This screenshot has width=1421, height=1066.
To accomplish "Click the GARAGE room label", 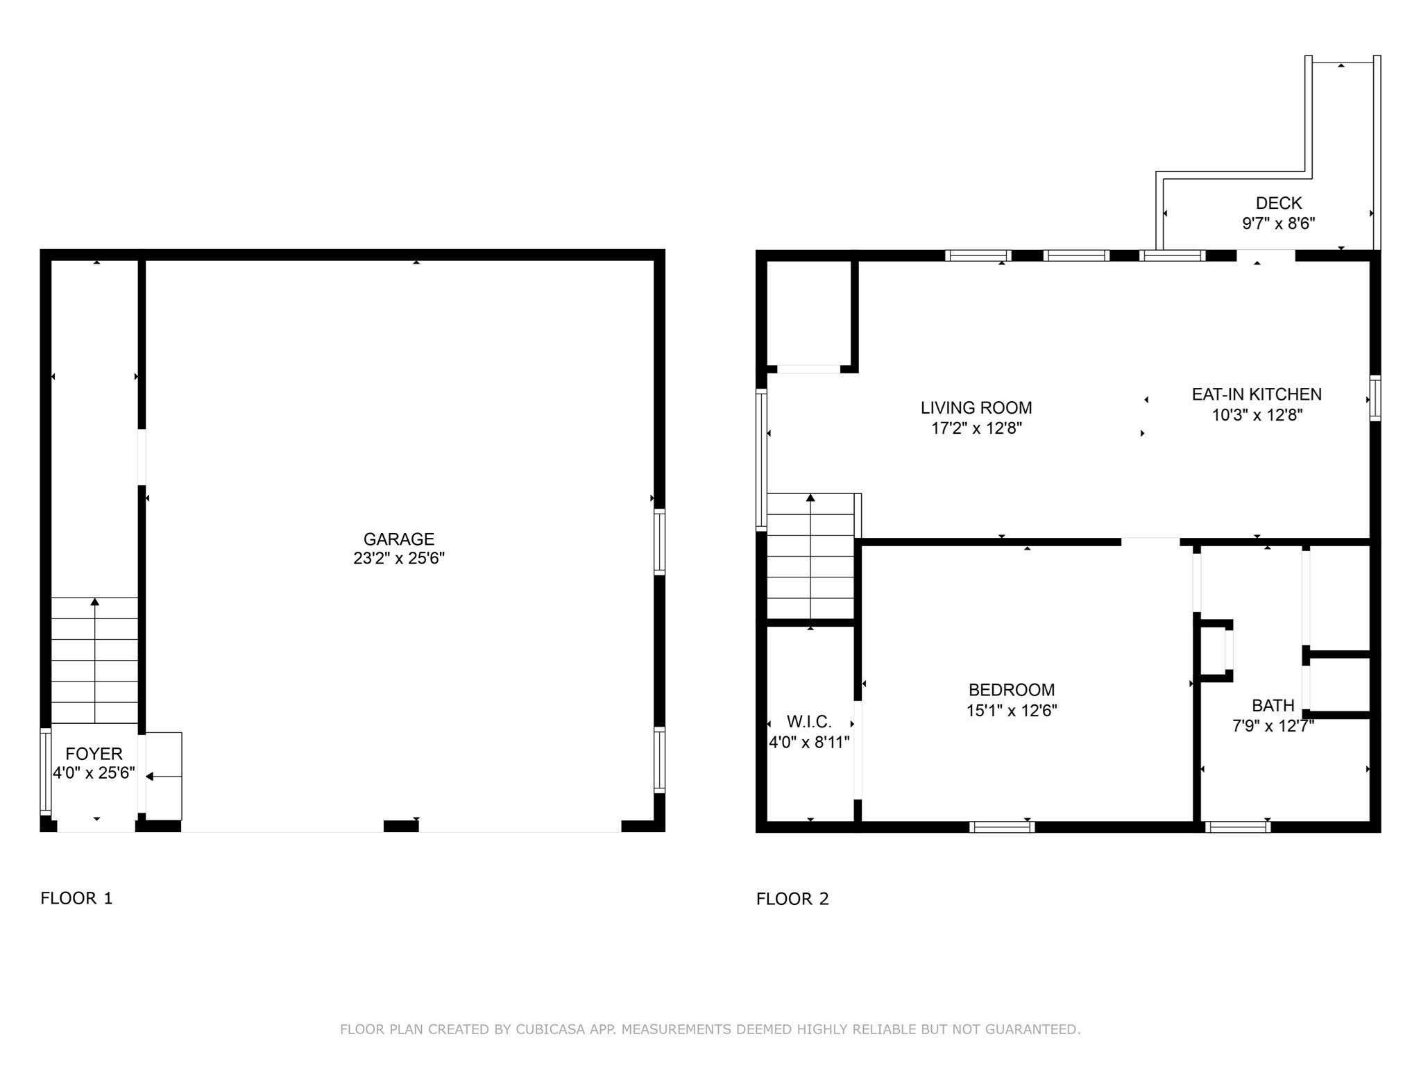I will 398,539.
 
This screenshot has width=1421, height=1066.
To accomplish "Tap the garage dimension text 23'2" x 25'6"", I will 398,558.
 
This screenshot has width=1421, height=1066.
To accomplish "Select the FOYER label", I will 94,754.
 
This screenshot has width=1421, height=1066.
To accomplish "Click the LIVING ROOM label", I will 976,407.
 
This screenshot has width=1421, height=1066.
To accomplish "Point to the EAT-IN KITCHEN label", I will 1256,394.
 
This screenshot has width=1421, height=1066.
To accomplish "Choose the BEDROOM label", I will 1011,690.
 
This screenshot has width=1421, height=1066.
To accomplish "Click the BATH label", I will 1273,705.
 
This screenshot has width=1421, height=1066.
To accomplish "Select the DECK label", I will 1278,203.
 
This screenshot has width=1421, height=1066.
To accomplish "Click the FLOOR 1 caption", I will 76,898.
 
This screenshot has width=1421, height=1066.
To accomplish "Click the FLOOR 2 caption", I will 792,899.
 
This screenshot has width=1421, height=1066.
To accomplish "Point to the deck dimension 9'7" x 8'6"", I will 1278,223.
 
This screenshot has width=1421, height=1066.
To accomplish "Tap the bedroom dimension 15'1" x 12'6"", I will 1011,711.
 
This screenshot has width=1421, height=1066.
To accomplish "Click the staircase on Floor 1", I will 94,659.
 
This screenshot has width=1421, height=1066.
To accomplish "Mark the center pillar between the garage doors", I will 401,826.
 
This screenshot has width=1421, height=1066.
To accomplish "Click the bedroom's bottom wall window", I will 1002,827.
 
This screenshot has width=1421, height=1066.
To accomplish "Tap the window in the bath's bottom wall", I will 1238,827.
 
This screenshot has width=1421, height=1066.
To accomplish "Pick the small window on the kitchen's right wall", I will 1375,398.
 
